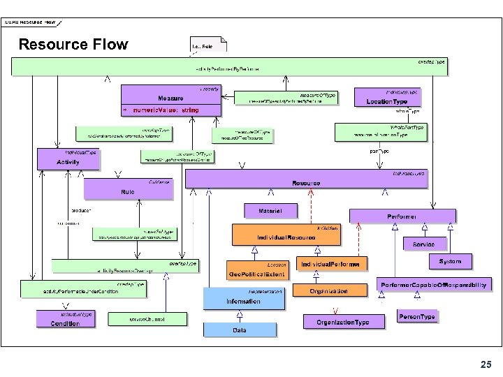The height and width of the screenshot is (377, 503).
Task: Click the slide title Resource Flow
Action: coord(73,45)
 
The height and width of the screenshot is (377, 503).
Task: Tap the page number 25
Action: coord(486,364)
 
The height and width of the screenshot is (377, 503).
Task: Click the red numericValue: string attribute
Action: coord(166,110)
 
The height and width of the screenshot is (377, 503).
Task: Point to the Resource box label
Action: coord(306,183)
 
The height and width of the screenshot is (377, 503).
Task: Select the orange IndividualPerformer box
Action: coord(332,265)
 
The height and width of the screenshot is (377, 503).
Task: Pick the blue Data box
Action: coord(239,330)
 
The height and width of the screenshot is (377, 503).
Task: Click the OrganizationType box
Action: coord(343,321)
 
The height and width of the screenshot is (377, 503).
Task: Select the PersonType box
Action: coord(417,317)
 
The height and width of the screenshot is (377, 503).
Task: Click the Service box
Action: coord(423,244)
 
